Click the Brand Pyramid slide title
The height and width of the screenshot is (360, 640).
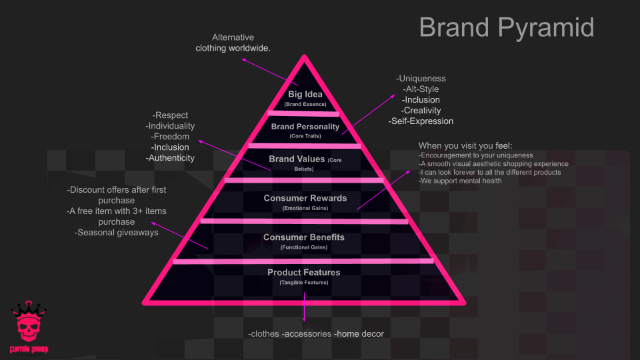(x=506, y=28)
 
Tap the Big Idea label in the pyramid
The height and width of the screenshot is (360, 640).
(x=305, y=94)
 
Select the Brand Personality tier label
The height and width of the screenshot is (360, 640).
(x=305, y=126)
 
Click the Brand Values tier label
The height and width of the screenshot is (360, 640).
(x=297, y=159)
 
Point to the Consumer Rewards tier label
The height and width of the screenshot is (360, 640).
(x=305, y=198)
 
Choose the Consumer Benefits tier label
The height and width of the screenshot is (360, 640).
(x=304, y=237)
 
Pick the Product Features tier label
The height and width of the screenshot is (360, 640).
(x=304, y=272)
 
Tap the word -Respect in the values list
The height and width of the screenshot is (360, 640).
(x=171, y=115)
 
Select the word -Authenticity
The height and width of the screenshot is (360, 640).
(x=170, y=158)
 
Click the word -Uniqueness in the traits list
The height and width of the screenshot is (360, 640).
(x=421, y=79)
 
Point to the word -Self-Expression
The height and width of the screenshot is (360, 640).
(x=421, y=121)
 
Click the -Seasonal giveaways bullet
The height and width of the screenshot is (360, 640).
(x=117, y=233)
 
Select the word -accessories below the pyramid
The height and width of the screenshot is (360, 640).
(x=307, y=333)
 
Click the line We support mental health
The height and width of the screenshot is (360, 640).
(x=461, y=181)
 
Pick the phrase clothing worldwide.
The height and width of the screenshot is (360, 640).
(x=233, y=48)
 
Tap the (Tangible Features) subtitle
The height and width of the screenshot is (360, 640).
(x=304, y=283)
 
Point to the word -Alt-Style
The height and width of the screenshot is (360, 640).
(x=421, y=89)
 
